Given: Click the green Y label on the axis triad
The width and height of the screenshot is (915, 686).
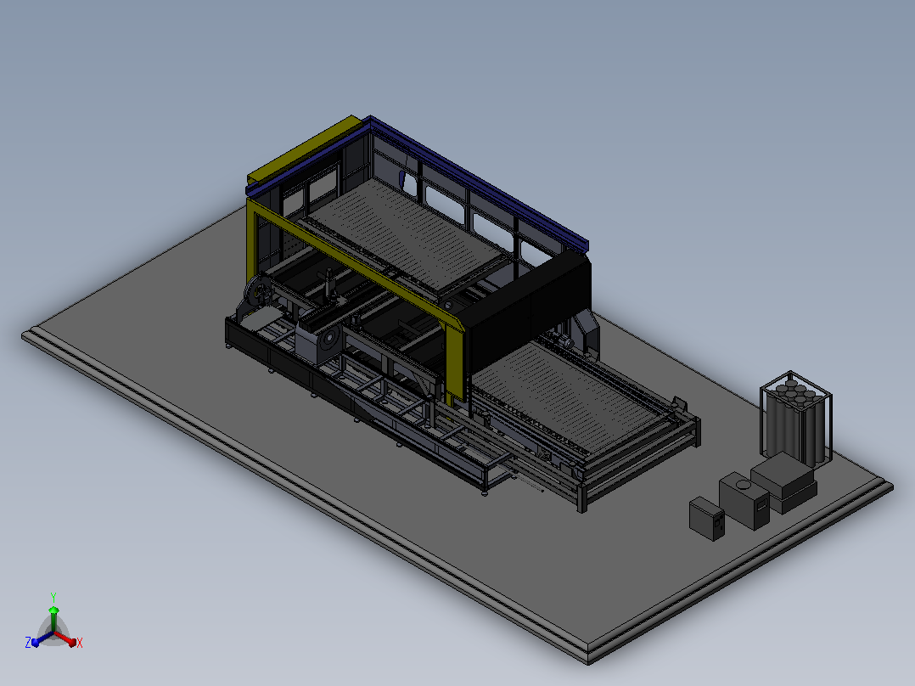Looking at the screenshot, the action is point(53,597).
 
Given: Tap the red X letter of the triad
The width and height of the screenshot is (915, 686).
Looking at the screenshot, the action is point(80,643).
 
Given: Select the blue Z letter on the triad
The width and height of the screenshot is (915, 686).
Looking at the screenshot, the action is point(27,643).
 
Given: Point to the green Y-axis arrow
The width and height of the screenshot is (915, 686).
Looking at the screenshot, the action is point(53,618).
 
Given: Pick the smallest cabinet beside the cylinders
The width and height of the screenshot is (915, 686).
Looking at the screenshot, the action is point(707,519).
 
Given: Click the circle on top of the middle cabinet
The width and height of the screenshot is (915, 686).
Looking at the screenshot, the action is point(743,484).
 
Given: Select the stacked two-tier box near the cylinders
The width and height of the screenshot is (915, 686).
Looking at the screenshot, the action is point(783,482).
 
